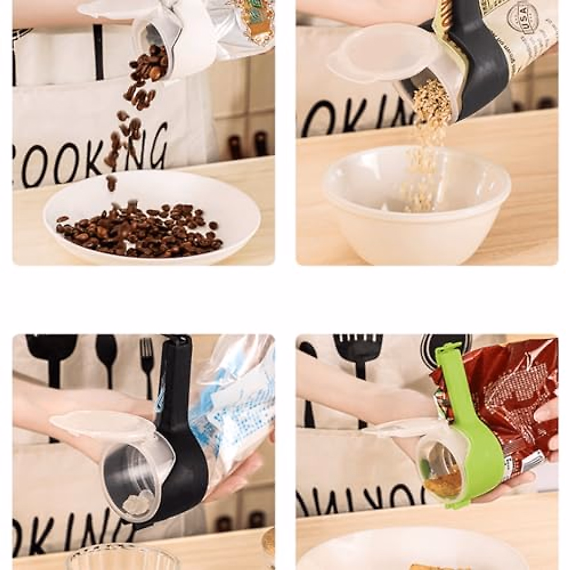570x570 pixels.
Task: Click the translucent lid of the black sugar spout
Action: (102, 423)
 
